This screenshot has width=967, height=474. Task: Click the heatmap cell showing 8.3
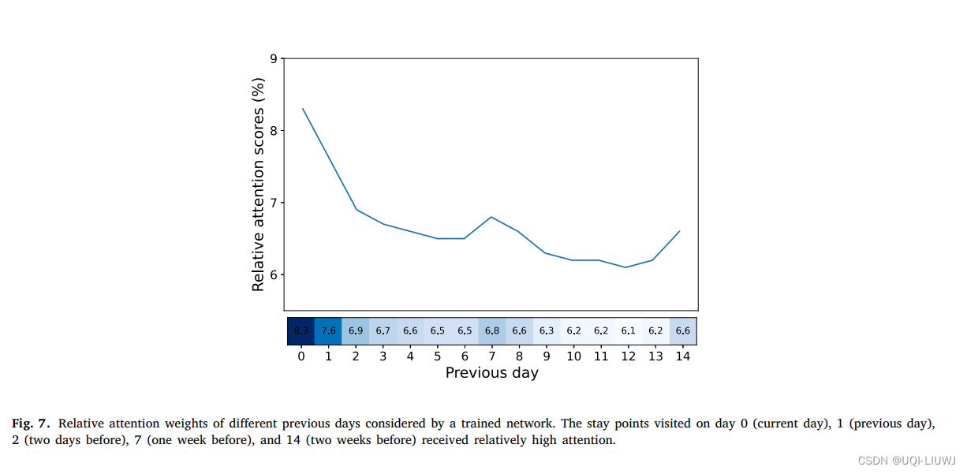coord(301,331)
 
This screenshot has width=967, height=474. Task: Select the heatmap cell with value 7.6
coord(328,331)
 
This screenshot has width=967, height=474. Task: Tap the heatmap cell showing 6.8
coord(492,331)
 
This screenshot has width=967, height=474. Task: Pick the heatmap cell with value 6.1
coord(629,331)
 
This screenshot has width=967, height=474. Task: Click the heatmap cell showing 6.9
coord(356,331)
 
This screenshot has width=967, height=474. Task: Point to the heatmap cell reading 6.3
coord(547,331)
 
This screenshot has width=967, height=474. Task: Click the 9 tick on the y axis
coord(273,58)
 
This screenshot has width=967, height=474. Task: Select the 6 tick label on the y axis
coord(273,274)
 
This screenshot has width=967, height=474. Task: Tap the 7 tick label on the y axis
coord(273,203)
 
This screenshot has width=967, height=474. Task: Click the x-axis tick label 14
coord(683,356)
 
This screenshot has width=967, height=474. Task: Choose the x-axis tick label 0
coord(301,356)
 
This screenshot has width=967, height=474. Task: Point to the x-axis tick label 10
coord(573,356)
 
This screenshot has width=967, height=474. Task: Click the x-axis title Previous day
coord(491,373)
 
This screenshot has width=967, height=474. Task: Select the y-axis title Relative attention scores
coord(258,185)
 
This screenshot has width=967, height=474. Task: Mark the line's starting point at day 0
coord(303,109)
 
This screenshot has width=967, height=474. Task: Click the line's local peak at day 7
coord(491,217)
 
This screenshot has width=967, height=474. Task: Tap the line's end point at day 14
coord(679,231)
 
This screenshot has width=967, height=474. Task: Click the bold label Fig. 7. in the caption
coord(31,424)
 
